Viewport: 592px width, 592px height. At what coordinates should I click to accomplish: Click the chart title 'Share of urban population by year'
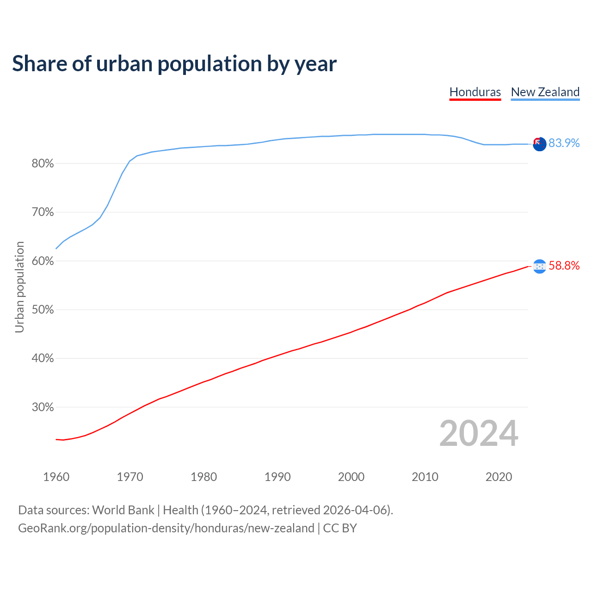[174, 64]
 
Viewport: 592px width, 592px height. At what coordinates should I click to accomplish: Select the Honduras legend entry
[475, 92]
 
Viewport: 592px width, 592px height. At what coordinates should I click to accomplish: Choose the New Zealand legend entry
[545, 92]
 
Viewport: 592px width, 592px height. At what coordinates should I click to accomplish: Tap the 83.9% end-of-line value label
[564, 143]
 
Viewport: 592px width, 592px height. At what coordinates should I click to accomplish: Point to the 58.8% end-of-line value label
[564, 265]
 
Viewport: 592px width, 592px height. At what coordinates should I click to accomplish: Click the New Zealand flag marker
[540, 144]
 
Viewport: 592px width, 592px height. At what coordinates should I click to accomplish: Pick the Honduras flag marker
[540, 266]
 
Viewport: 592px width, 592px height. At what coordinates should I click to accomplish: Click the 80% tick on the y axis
[43, 164]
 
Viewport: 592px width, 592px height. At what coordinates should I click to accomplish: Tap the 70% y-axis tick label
[43, 212]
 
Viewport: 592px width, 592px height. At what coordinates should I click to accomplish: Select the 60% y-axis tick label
[43, 261]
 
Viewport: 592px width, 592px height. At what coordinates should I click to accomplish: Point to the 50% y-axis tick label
[43, 310]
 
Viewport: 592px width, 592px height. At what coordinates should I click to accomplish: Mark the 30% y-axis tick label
[43, 407]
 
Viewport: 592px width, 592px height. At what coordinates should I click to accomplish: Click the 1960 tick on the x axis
[56, 477]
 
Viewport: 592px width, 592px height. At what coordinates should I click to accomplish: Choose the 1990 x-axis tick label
[277, 477]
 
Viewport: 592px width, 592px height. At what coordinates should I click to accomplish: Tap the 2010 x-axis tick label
[425, 477]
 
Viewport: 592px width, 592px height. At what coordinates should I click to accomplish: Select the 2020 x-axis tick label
[499, 477]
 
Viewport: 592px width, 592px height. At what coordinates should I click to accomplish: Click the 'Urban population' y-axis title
[19, 287]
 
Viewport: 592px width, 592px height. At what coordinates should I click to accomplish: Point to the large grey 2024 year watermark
[479, 433]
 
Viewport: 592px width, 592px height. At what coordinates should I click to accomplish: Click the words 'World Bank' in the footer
[123, 510]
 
